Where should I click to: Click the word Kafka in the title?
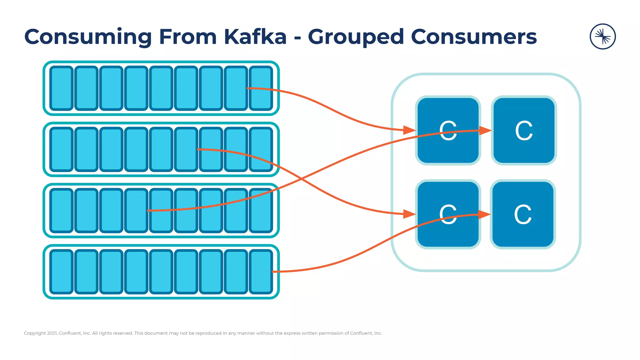point(255,37)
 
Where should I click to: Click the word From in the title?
point(188,37)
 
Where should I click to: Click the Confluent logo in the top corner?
point(602,37)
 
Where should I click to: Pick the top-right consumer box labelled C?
point(524,130)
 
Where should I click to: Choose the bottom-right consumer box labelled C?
point(523,214)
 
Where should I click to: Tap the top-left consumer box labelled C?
point(448,130)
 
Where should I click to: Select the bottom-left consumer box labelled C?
point(448,214)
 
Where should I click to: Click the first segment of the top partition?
point(62,88)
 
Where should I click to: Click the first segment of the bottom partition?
point(62,272)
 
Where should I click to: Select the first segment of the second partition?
point(62,149)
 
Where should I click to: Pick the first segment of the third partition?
point(62,211)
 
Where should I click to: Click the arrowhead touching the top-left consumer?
point(409,130)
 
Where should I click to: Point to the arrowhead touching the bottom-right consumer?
point(484,214)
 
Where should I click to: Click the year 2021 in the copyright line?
point(52,333)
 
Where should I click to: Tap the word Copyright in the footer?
point(35,333)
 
